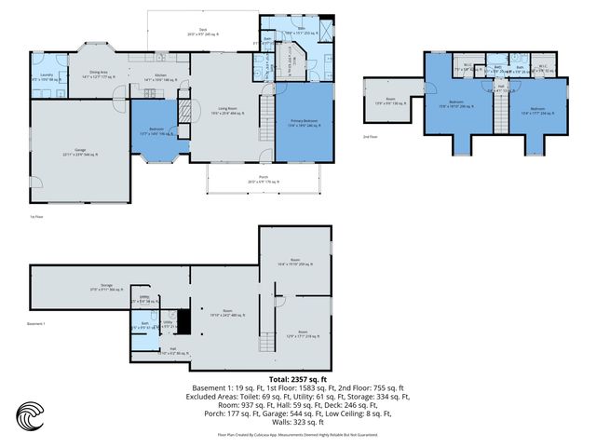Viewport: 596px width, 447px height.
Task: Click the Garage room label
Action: [x=80, y=152]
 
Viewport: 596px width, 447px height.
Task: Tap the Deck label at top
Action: [x=202, y=32]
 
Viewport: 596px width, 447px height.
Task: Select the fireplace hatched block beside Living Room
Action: [x=184, y=113]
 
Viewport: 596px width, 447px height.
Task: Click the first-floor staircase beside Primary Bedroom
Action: [x=265, y=118]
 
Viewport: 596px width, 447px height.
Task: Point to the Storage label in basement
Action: [x=106, y=287]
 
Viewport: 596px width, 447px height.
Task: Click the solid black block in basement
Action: [x=184, y=322]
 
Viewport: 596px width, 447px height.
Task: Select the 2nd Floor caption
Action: [x=372, y=136]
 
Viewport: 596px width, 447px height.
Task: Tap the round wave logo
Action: [x=31, y=415]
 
